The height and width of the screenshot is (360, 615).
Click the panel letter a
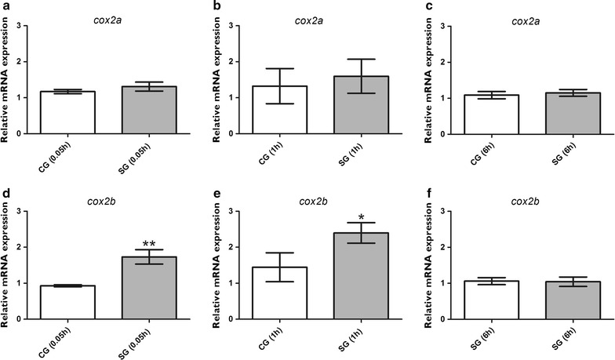pos(5,7)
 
